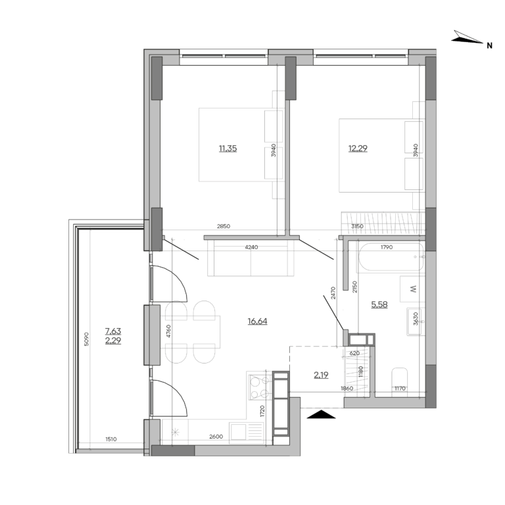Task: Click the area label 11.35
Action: click(x=228, y=149)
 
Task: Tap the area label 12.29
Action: click(x=358, y=149)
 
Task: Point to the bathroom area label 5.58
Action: click(x=379, y=304)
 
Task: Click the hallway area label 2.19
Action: click(x=321, y=375)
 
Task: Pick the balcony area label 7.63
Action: click(x=113, y=332)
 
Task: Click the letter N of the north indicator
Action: click(x=489, y=45)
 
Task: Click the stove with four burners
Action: click(x=258, y=386)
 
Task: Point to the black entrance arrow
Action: click(x=322, y=414)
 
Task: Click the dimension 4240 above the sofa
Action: click(x=251, y=248)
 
